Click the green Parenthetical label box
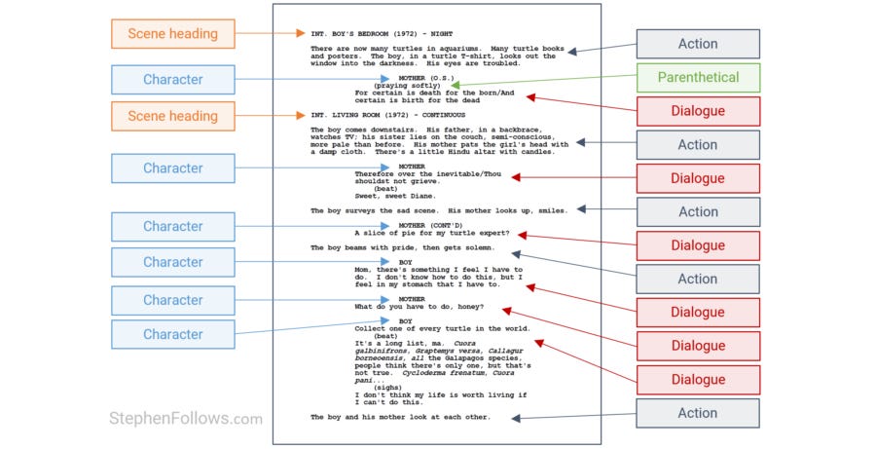698,77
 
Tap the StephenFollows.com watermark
185,419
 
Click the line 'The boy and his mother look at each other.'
400,417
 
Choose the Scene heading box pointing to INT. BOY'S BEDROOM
173,34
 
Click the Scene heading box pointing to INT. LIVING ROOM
173,116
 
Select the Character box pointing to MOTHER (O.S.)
173,80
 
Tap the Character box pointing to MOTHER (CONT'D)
173,227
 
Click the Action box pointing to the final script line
698,413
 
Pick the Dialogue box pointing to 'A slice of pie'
698,246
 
